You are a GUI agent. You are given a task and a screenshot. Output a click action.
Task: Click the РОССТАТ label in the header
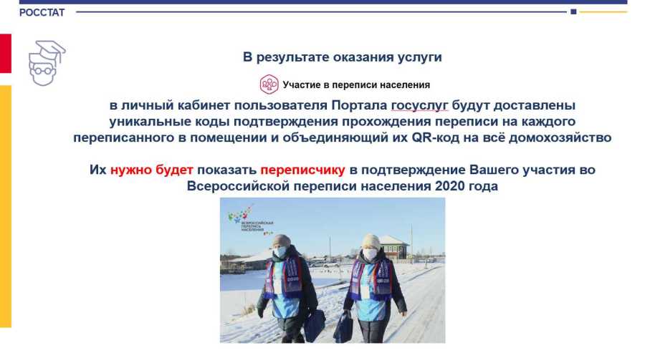point(42,13)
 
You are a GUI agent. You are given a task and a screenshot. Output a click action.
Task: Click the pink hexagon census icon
point(269,84)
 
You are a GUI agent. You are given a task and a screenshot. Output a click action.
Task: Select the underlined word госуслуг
point(419,105)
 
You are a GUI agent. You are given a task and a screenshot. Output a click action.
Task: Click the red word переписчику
point(302,170)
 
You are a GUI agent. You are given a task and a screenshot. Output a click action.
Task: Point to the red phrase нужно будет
point(152,170)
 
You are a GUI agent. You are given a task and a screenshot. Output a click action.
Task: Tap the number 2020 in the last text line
point(449,186)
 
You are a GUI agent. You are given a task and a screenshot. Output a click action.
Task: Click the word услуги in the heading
point(419,57)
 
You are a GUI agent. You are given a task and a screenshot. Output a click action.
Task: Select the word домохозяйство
point(560,137)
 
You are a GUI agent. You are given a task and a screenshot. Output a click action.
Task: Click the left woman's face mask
point(279,251)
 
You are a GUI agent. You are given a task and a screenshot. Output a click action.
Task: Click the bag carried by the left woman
point(315,325)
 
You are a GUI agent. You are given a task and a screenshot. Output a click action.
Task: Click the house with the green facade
point(393,248)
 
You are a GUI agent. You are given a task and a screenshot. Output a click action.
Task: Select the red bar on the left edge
point(6,54)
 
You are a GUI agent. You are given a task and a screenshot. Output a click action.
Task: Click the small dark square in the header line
point(573,12)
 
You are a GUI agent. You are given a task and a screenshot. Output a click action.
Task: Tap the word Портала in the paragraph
point(359,105)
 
